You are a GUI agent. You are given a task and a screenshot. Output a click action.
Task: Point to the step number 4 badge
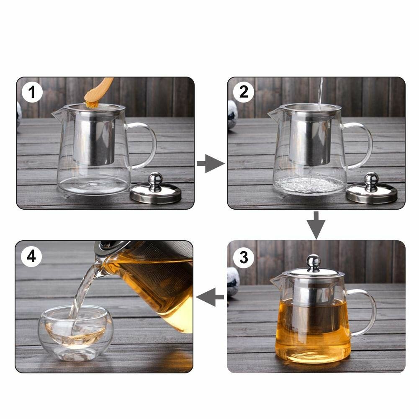(x=32, y=256)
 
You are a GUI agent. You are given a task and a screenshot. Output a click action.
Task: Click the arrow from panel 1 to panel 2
(x=211, y=163)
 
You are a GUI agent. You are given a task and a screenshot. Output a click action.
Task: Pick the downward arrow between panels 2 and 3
(x=316, y=225)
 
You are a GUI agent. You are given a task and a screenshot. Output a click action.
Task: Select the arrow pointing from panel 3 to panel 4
(x=210, y=298)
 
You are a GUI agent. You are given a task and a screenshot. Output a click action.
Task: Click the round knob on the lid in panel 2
(x=371, y=179)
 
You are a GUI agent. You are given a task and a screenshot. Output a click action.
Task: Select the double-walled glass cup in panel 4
(x=75, y=333)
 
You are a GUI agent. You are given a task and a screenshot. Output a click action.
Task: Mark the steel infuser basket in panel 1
(x=95, y=138)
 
